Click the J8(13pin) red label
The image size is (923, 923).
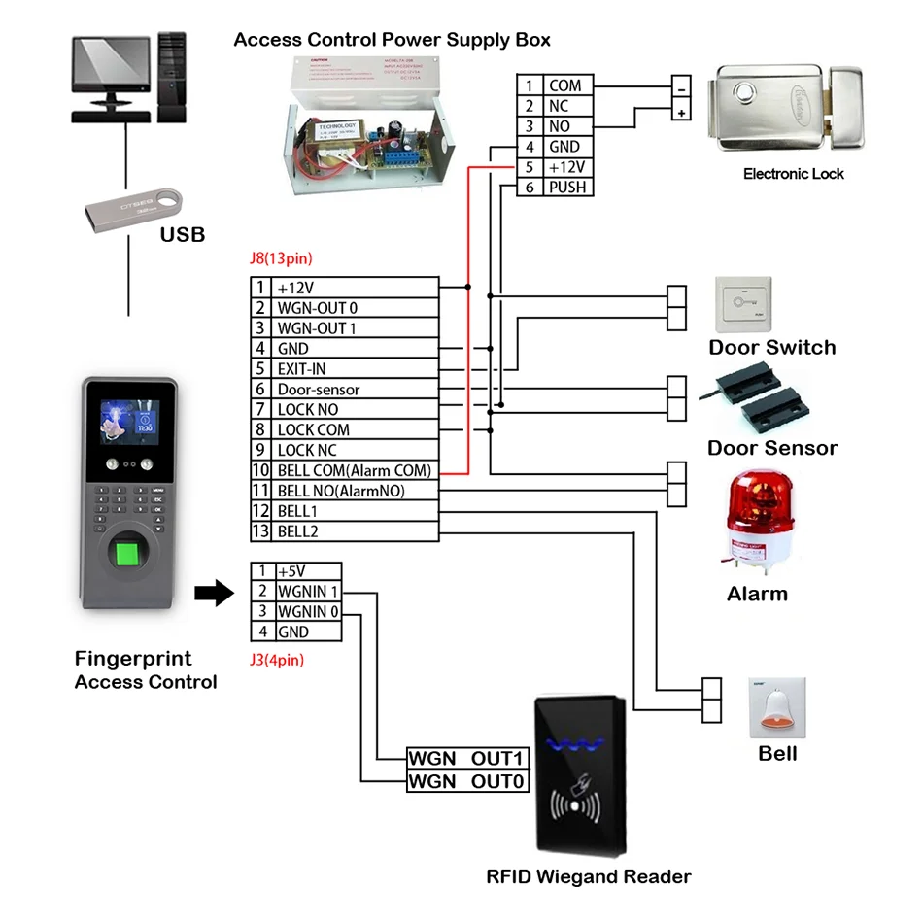coord(282,259)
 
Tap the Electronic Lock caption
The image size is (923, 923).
coord(793,174)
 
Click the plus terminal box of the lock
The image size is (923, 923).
coord(682,113)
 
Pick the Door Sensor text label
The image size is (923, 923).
coord(771,448)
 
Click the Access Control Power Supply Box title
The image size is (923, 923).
coord(393,40)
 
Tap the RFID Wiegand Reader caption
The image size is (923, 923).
coord(588,876)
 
